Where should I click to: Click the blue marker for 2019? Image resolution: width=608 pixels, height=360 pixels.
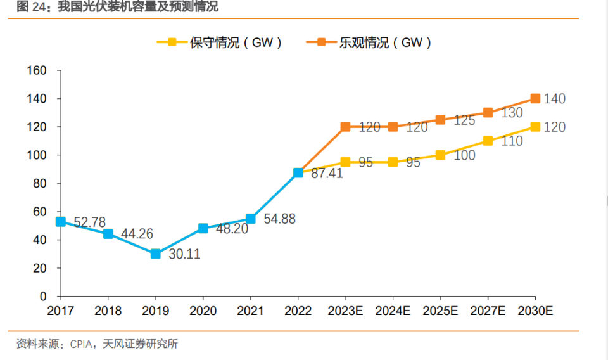coord(155,254)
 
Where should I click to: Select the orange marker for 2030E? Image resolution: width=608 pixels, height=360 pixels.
coord(535,98)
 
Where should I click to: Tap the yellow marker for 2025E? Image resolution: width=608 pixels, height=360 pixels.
coord(440,155)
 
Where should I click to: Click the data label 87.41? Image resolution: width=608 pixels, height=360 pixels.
coord(327,173)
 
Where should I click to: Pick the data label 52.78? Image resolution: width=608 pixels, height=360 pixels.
coord(91,222)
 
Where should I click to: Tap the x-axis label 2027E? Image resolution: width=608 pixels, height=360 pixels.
coord(488,311)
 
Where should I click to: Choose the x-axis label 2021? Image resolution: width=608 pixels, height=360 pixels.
coord(250,311)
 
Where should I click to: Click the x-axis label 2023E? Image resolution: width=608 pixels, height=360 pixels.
coord(345,311)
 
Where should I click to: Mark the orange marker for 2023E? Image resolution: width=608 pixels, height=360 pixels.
coord(345,127)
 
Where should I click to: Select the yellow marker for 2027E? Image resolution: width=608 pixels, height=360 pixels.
coord(488,141)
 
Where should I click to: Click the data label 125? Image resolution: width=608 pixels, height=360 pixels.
coord(464,120)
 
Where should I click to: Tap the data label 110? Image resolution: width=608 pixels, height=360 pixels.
coord(512,141)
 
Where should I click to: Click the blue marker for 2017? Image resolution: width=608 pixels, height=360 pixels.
coord(60,222)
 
